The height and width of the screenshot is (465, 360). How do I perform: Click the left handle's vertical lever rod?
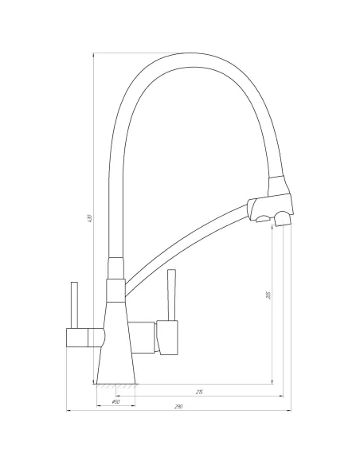(x=72, y=304)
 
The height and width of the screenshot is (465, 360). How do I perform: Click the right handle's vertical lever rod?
(x=170, y=297)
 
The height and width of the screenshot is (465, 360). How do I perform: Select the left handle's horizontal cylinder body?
(x=83, y=337)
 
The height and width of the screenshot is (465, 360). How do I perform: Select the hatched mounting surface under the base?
(x=119, y=385)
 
